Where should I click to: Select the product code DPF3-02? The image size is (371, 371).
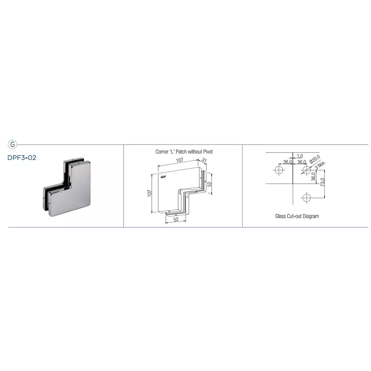pyautogui.click(x=22, y=157)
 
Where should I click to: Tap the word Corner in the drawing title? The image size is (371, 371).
pyautogui.click(x=162, y=152)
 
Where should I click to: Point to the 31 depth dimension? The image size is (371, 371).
pyautogui.click(x=204, y=160)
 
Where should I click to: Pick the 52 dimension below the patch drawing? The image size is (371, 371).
pyautogui.click(x=176, y=220)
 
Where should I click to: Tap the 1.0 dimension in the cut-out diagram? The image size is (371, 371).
pyautogui.click(x=300, y=157)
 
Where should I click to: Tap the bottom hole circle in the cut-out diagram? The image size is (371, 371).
pyautogui.click(x=306, y=198)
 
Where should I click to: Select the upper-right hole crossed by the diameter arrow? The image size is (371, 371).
pyautogui.click(x=306, y=170)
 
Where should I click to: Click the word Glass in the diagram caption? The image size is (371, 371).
pyautogui.click(x=280, y=216)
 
